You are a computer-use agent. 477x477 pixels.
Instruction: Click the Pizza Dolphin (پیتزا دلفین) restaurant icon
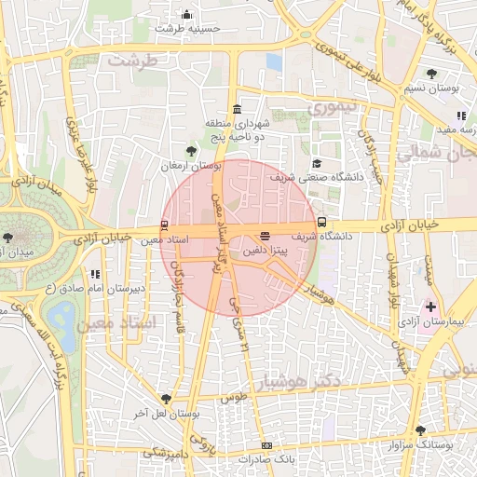(266, 237)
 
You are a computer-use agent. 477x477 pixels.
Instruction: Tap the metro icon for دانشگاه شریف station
(321, 223)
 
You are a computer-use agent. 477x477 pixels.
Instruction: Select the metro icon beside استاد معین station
(164, 225)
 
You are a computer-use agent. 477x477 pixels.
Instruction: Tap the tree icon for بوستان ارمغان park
(191, 150)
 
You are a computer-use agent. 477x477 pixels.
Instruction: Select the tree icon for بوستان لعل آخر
(166, 398)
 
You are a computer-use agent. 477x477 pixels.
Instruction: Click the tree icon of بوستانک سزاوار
(420, 430)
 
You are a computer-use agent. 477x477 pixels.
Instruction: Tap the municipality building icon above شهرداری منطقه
(238, 108)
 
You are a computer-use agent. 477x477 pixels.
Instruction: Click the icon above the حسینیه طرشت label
(186, 14)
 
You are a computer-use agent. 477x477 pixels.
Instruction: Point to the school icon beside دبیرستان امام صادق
(95, 274)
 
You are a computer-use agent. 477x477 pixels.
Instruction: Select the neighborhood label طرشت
(129, 60)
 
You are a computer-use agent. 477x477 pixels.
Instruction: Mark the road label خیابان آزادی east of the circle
(411, 225)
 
